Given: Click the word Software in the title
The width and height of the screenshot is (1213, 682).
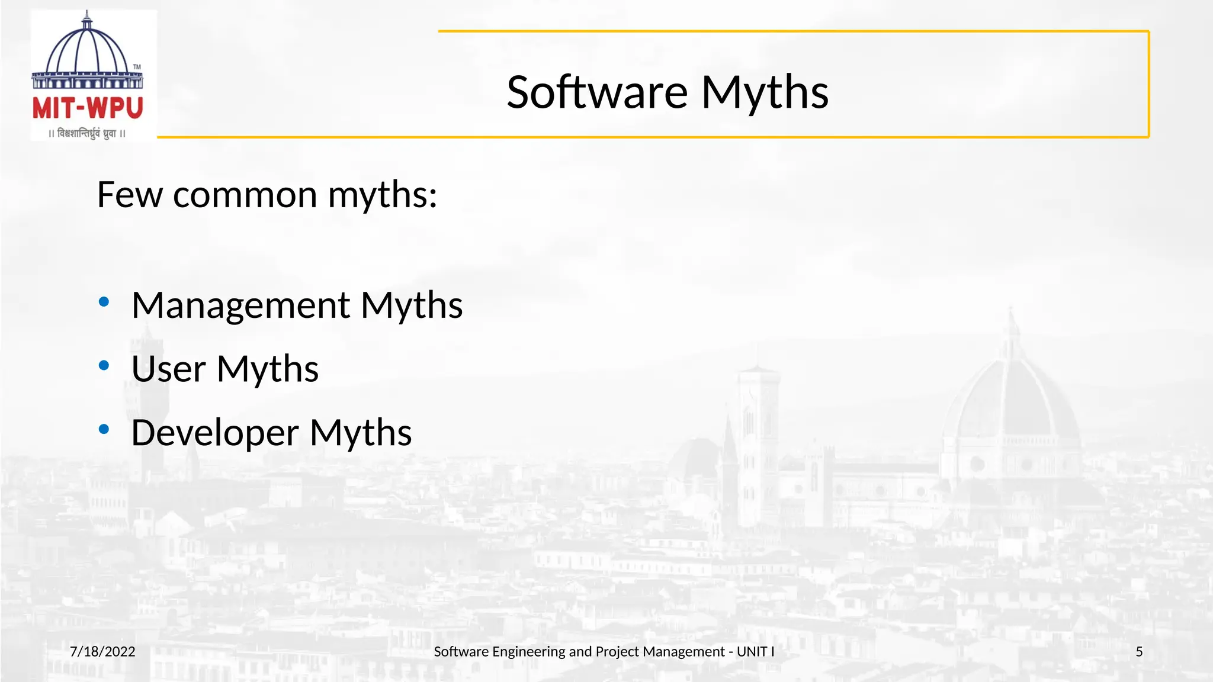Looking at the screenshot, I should (597, 93).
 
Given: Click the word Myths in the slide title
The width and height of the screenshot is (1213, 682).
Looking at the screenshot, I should (765, 93).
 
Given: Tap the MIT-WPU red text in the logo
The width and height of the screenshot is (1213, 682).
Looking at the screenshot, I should (88, 108).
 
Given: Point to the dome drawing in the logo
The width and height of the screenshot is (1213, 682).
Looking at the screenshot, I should (87, 50).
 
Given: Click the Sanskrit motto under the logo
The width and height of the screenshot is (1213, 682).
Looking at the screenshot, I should (87, 134).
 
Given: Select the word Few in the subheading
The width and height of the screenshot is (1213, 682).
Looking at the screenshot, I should (129, 195).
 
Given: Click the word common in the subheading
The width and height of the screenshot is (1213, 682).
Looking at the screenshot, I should (245, 195).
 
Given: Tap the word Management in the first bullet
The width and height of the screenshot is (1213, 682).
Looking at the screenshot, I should (240, 305).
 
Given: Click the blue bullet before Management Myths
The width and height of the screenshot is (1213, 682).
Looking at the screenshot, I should (104, 303).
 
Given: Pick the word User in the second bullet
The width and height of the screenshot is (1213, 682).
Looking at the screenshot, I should (168, 369).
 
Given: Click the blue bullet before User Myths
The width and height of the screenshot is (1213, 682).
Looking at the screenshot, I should (104, 366).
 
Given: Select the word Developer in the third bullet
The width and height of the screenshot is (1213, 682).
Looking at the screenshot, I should (214, 433).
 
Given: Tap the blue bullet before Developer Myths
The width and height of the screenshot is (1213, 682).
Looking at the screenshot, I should (104, 429).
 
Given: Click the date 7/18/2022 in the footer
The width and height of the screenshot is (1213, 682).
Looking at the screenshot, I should (102, 652).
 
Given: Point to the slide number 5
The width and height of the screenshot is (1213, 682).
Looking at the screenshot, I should (1139, 652).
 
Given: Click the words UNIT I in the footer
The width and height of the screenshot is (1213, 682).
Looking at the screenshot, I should (755, 652).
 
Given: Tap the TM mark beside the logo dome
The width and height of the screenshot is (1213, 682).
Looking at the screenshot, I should (137, 67).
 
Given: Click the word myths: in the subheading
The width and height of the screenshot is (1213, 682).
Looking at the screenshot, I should (382, 195).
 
